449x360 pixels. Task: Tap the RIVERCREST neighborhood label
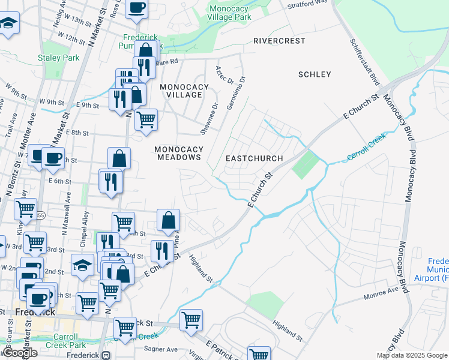pos(279,41)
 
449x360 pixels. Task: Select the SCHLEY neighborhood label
pos(314,74)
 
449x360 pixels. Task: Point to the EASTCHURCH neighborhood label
pos(254,158)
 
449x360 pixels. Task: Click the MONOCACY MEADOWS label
pos(178,153)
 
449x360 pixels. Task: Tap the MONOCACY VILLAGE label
pos(184,91)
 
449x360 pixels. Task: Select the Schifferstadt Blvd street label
pos(365,61)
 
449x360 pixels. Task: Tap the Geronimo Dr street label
pos(242,87)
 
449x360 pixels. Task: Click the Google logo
pos(21,353)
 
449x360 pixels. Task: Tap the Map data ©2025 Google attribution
pos(411,355)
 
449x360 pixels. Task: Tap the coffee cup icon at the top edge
pos(137,8)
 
